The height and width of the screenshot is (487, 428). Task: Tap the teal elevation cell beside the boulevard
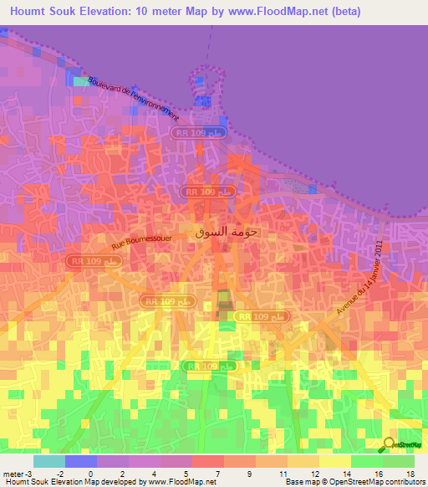pos(80,82)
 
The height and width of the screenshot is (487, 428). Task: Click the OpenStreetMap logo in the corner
pos(402,445)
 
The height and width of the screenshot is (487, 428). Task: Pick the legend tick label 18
pos(410,473)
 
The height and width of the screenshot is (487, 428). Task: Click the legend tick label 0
pos(91,473)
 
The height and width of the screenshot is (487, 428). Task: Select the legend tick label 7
pos(219,473)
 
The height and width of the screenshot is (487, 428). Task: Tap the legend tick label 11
pos(283,473)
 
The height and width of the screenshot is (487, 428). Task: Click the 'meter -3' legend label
pos(18,473)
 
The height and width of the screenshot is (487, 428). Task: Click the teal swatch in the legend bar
pos(48,461)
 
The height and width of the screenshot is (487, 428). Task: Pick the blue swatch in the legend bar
pos(80,461)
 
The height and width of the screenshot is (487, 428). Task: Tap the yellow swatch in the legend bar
pos(334,461)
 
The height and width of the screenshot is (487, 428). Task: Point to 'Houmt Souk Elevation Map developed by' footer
pos(75,482)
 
